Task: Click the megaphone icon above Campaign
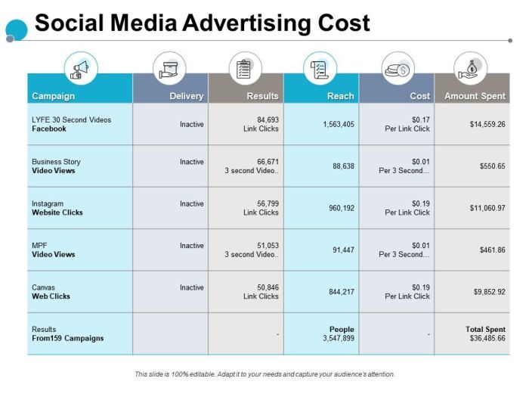[80, 69]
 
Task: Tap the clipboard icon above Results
[244, 69]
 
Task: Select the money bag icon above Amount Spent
[471, 69]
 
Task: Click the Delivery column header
[186, 96]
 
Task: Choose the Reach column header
[340, 96]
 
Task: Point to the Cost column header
[419, 96]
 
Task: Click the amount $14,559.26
[487, 124]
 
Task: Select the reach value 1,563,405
[337, 124]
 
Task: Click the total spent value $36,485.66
[487, 338]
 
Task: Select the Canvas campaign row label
[44, 287]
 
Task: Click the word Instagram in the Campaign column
[48, 203]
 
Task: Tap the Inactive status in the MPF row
[192, 246]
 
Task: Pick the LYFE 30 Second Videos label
[71, 119]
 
